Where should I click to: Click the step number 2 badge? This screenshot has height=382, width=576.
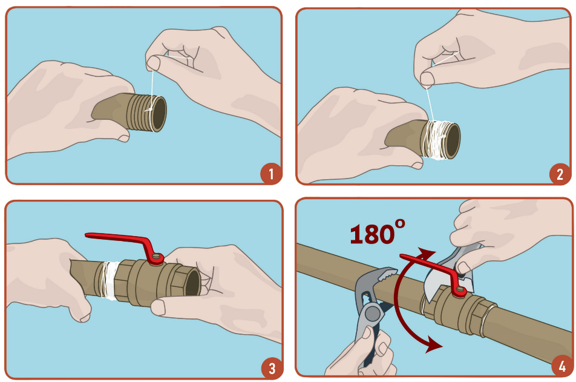(560, 174)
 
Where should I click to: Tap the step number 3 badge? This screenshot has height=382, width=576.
(272, 368)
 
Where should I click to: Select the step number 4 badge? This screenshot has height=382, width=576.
(561, 366)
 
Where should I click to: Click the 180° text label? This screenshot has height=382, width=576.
(378, 232)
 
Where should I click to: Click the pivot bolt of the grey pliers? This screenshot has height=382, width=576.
(373, 314)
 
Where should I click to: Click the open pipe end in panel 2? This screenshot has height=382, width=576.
(453, 141)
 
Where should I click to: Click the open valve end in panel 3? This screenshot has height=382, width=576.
(192, 282)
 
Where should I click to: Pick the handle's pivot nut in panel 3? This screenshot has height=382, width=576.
(157, 258)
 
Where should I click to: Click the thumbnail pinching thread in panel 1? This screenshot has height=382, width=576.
(154, 63)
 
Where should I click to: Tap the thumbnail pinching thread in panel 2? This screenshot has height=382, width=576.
(427, 79)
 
